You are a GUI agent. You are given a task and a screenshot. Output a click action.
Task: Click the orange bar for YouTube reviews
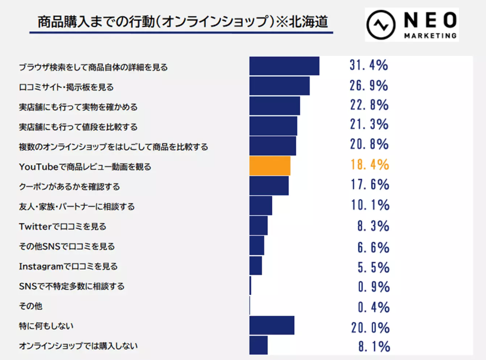click(x=270, y=166)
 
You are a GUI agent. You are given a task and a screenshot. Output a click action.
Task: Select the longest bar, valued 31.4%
click(x=284, y=66)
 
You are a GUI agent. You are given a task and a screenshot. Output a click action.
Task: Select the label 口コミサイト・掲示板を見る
click(x=66, y=87)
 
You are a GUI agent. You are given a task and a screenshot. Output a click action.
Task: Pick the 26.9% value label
click(x=369, y=86)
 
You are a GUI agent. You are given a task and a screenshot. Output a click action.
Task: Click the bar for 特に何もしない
click(x=272, y=326)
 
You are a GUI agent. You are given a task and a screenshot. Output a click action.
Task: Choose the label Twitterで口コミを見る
click(x=62, y=227)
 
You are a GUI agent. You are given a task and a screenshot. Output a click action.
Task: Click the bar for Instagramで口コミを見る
click(x=256, y=266)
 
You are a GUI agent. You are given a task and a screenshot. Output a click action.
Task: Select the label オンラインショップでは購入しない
click(x=78, y=346)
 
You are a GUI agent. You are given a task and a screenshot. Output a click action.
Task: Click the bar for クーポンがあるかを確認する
click(x=269, y=186)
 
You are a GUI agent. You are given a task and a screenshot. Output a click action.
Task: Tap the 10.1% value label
click(x=369, y=205)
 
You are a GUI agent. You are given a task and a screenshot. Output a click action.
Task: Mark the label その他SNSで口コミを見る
click(x=66, y=247)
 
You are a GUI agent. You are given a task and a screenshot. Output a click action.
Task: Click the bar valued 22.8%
click(x=275, y=106)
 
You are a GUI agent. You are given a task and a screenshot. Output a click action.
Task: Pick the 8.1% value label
click(x=373, y=347)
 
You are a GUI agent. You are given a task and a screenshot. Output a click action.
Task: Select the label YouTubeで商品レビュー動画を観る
click(x=85, y=167)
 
